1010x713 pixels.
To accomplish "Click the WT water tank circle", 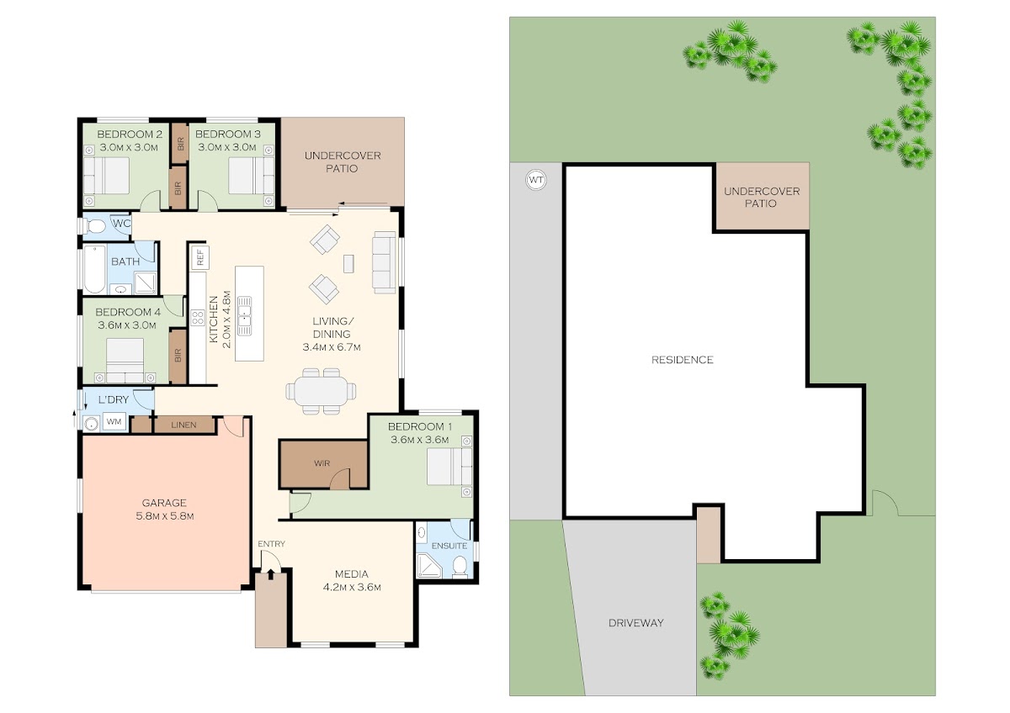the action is coord(535,180).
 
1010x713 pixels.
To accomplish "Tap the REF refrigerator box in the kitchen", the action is coord(199,257).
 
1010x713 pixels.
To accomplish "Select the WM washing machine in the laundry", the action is coord(114,421).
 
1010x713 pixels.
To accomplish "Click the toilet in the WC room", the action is coord(94,225).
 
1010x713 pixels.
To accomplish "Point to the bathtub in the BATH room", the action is coord(94,269).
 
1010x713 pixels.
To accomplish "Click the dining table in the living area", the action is coord(321,391).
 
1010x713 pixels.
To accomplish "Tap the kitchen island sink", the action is coord(244,316).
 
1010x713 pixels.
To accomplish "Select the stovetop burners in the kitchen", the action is coord(198,318).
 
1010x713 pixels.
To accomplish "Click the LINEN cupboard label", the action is coord(183,425).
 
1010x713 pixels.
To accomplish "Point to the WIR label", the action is coord(322,463).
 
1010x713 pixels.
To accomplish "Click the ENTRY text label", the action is coord(271,544).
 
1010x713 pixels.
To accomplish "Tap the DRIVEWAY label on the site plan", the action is coord(635,623).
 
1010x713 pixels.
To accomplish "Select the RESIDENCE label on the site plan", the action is coord(683,359).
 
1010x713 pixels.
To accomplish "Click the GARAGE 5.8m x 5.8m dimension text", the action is coord(165,516).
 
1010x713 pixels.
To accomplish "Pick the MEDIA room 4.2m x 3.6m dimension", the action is coord(352,588).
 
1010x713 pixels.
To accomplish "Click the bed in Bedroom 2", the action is coord(106,175).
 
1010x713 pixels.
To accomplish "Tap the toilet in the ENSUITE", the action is coord(460,567).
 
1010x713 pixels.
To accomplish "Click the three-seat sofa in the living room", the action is coord(384,262).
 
